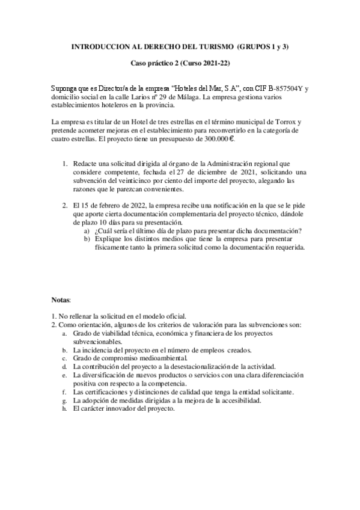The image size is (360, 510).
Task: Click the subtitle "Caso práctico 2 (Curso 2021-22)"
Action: point(181,63)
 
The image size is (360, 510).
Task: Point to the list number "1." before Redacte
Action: point(66,164)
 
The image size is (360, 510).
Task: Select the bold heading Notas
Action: point(61,299)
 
